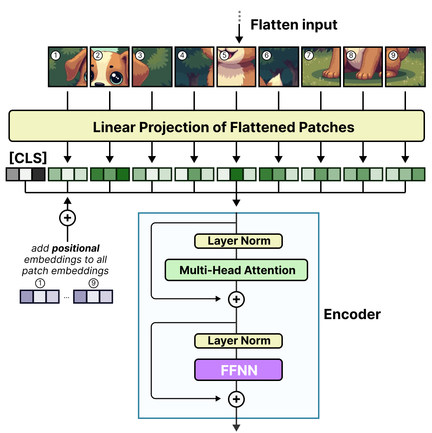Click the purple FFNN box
239,370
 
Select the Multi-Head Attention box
236,270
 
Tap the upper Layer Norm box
239,241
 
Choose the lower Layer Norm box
239,341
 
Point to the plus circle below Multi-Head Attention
236,299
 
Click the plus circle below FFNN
236,399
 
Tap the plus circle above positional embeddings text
68,218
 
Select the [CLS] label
28,158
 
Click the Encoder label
352,314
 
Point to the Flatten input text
294,25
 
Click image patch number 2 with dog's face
110,67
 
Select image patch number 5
236,67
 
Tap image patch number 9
405,67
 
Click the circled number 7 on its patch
309,56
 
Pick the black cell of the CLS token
39,174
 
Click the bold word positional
75,248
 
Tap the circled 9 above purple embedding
93,283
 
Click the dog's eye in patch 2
116,77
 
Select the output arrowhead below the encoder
236,428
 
